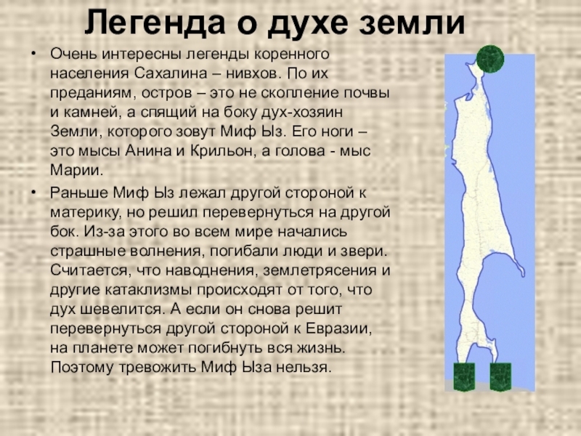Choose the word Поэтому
(x=82, y=367)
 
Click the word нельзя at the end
(x=304, y=367)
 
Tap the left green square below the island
(x=464, y=376)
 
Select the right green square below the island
(x=500, y=376)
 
